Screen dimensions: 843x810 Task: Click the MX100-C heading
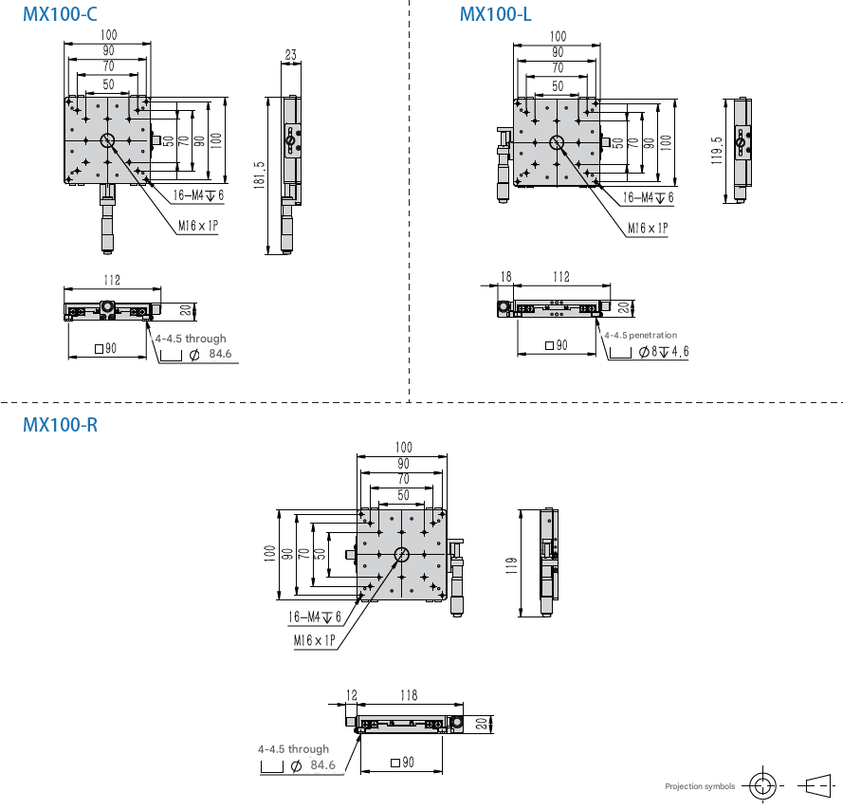click(x=60, y=14)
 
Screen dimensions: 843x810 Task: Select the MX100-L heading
click(x=495, y=14)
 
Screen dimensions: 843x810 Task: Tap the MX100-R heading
click(x=61, y=425)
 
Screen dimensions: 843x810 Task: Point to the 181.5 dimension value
click(x=259, y=175)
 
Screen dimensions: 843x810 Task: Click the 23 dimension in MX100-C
click(x=291, y=54)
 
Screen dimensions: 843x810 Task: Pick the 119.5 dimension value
click(x=717, y=150)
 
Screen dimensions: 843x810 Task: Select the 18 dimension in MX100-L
click(x=506, y=276)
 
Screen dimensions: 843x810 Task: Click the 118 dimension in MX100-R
click(x=409, y=695)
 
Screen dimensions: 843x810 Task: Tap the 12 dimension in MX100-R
click(x=352, y=695)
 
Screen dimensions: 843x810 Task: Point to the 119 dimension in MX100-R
click(x=511, y=565)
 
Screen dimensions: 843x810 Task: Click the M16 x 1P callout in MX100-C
click(x=198, y=226)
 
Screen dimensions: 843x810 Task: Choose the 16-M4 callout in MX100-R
click(x=315, y=617)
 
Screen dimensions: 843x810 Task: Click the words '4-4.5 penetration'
click(x=640, y=335)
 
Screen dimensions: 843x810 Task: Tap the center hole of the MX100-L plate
click(x=557, y=142)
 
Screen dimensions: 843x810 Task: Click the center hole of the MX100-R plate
click(x=402, y=554)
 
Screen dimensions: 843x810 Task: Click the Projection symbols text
click(x=700, y=786)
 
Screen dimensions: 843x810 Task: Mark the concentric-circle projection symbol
click(x=762, y=786)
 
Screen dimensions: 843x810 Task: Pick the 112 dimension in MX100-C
click(x=112, y=280)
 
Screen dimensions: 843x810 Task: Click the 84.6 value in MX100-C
click(x=220, y=354)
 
